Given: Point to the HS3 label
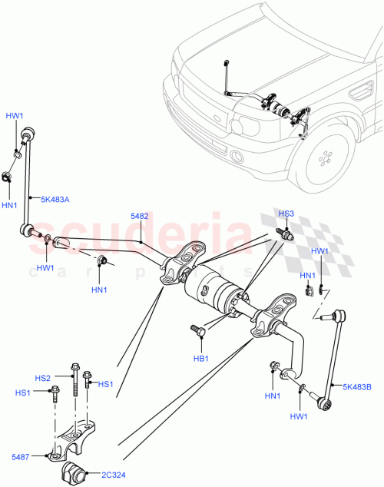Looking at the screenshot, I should (x=286, y=214).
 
